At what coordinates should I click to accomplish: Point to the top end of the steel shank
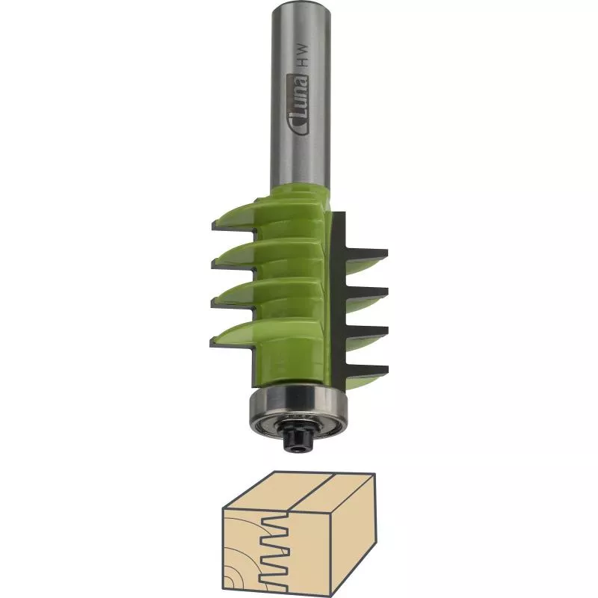[299, 6]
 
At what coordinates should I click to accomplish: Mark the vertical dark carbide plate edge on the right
[338, 299]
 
